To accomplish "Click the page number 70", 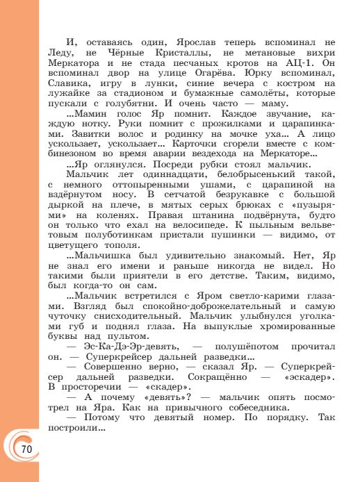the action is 27,449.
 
